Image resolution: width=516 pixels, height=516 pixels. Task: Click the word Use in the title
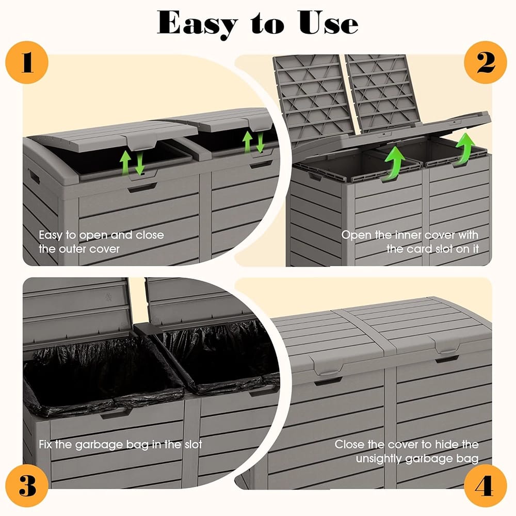click(328, 23)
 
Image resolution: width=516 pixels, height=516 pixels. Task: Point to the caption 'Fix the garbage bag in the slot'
click(120, 444)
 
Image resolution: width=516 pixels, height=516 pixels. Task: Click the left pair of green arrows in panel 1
click(132, 162)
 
